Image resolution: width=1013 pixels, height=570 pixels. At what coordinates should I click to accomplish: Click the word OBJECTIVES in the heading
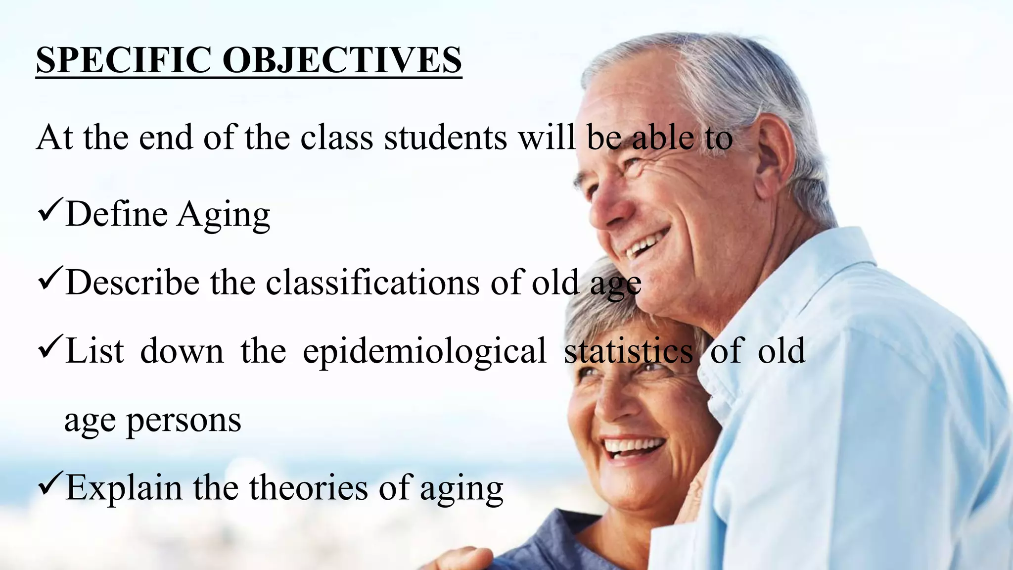point(342,60)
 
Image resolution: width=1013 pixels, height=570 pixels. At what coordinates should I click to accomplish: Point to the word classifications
point(372,283)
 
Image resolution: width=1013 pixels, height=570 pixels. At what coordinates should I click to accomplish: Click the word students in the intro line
point(445,138)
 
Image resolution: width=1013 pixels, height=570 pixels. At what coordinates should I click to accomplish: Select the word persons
point(184,421)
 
